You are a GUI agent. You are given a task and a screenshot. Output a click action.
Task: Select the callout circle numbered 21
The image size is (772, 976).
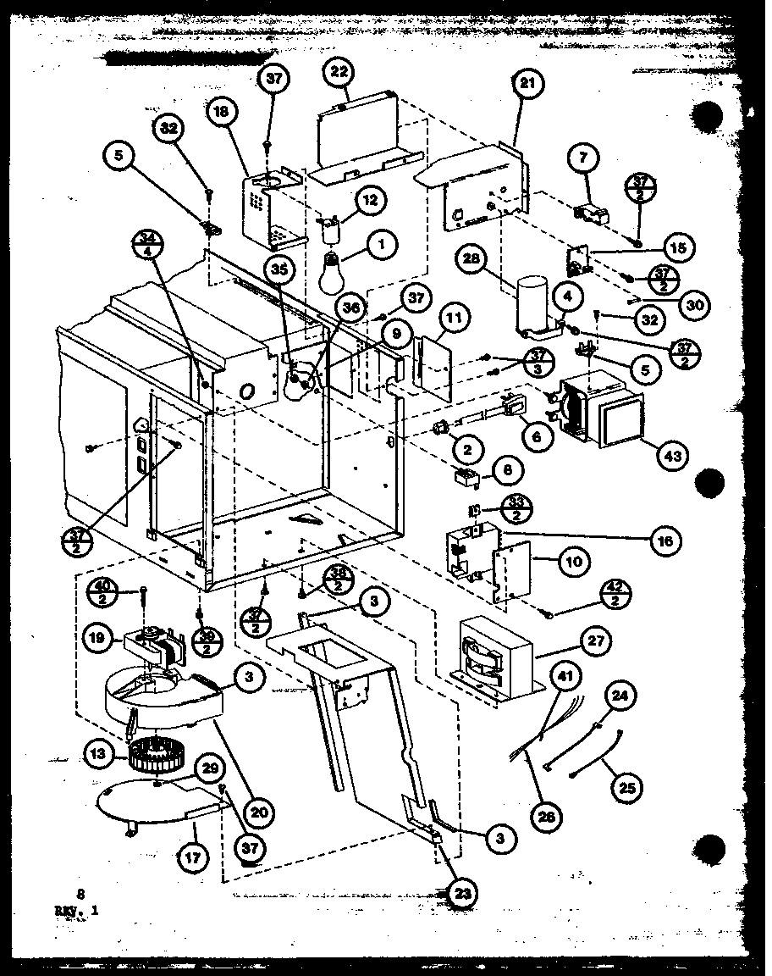click(529, 85)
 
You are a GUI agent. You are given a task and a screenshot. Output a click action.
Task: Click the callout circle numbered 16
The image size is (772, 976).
click(666, 541)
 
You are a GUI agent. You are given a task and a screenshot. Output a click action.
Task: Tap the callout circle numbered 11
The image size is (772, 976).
click(455, 319)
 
